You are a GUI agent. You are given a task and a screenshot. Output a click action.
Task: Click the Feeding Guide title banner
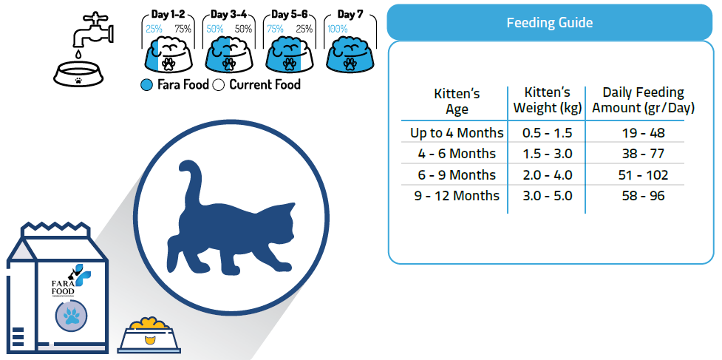coord(549,22)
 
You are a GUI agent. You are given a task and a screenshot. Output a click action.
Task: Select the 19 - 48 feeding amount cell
coord(643,133)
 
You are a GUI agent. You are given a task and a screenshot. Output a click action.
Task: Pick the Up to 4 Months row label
coord(457,133)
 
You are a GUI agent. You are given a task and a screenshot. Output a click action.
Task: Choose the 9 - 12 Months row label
coord(457,196)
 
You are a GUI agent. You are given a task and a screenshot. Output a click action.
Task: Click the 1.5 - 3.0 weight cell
coord(547,154)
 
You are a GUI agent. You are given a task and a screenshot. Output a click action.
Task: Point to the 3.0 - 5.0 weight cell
coord(547,196)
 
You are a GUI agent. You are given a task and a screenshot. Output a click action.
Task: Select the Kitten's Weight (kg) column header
coord(547,100)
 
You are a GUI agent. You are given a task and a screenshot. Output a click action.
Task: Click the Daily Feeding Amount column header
coord(643,100)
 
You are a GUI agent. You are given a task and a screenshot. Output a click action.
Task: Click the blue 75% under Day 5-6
coord(275,29)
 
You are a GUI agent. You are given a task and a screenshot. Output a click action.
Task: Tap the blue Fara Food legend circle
coord(147,85)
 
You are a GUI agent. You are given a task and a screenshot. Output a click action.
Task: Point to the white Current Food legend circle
coord(219,85)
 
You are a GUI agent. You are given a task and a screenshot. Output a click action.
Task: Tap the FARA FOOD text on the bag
coord(63,287)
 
